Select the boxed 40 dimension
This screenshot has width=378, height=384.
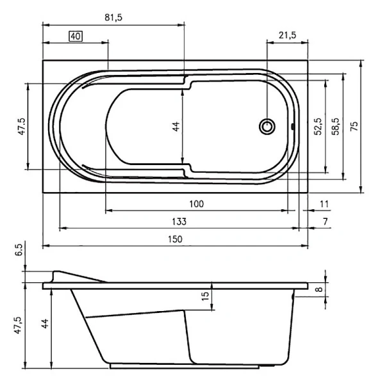[x=76, y=36]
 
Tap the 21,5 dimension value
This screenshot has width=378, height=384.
[x=286, y=36]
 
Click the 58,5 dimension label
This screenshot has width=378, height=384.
[x=334, y=126]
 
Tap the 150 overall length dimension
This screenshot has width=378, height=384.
[x=175, y=239]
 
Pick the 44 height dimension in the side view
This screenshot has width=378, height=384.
[x=44, y=325]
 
